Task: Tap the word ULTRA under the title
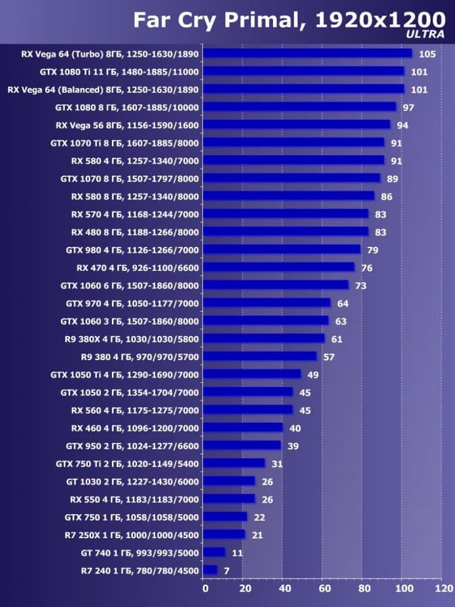pyautogui.click(x=426, y=34)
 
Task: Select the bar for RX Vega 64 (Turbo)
pyautogui.click(x=307, y=53)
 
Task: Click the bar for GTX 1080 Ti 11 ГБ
pyautogui.click(x=303, y=71)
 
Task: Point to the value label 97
pyautogui.click(x=408, y=107)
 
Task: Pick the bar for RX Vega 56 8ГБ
pyautogui.click(x=297, y=125)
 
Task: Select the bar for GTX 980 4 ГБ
pyautogui.click(x=282, y=250)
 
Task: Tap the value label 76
pyautogui.click(x=367, y=268)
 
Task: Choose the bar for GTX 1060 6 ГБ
pyautogui.click(x=276, y=285)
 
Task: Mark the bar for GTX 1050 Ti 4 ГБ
pyautogui.click(x=252, y=374)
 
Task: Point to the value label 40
pyautogui.click(x=295, y=428)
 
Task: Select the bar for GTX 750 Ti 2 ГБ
pyautogui.click(x=234, y=463)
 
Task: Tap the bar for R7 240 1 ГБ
pyautogui.click(x=210, y=571)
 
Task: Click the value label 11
pyautogui.click(x=237, y=553)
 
